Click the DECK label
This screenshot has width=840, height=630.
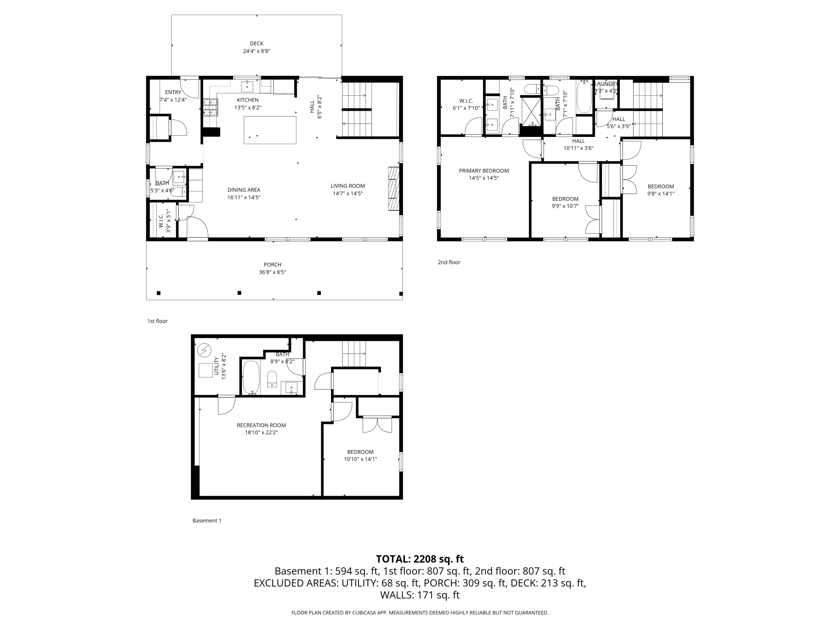click(x=256, y=44)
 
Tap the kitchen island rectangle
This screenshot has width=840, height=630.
click(x=270, y=130)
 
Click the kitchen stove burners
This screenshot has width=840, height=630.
click(x=210, y=107)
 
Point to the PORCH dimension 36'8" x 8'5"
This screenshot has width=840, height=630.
click(x=273, y=272)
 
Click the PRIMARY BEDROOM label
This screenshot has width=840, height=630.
click(x=484, y=171)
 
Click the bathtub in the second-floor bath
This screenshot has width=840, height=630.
click(x=584, y=97)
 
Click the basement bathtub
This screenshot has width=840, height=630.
click(x=251, y=376)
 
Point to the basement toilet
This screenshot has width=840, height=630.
click(x=272, y=378)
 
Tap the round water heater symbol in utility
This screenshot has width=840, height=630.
click(x=204, y=350)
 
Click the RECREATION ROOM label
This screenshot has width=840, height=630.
click(x=261, y=425)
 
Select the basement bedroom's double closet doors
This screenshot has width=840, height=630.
click(x=377, y=425)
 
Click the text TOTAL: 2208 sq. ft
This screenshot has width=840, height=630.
click(x=420, y=559)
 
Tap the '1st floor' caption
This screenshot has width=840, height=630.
click(x=157, y=321)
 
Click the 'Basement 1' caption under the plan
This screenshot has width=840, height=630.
click(x=207, y=521)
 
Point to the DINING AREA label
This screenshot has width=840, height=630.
click(x=244, y=190)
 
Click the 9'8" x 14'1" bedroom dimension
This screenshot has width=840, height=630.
click(x=661, y=194)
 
